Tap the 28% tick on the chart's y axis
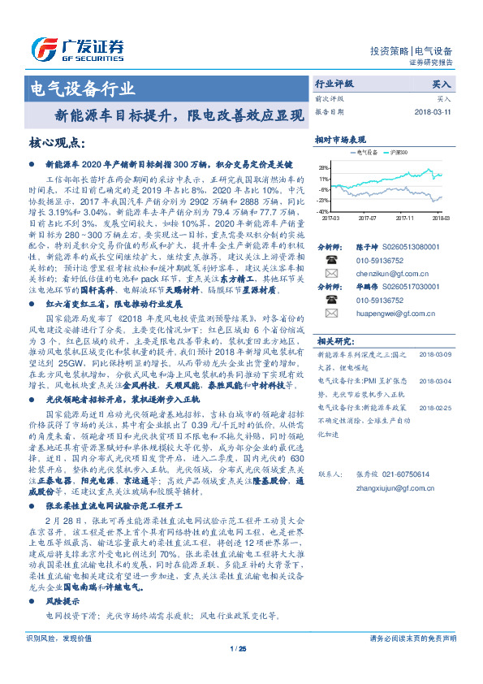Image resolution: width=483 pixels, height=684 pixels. [x=325, y=165]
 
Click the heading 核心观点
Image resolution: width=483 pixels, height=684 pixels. [x=56, y=143]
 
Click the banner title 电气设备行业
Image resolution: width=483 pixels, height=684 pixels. [x=82, y=88]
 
